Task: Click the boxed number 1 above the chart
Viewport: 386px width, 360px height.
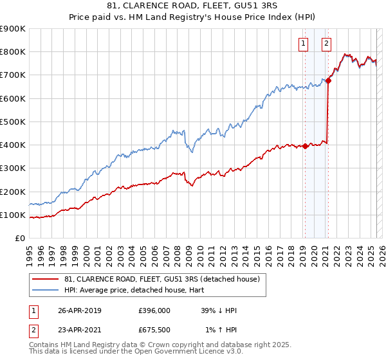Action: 303,44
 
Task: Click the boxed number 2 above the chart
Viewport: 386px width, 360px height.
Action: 327,44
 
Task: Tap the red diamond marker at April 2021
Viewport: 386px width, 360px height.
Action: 328,80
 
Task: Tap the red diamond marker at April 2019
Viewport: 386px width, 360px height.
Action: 305,146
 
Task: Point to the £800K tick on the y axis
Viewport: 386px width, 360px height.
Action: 13,52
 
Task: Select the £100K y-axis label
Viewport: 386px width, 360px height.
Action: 13,215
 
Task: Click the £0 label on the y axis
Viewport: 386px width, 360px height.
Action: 20,239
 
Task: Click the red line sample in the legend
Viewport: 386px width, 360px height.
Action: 45,279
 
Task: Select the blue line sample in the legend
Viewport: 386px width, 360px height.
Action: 45,289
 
